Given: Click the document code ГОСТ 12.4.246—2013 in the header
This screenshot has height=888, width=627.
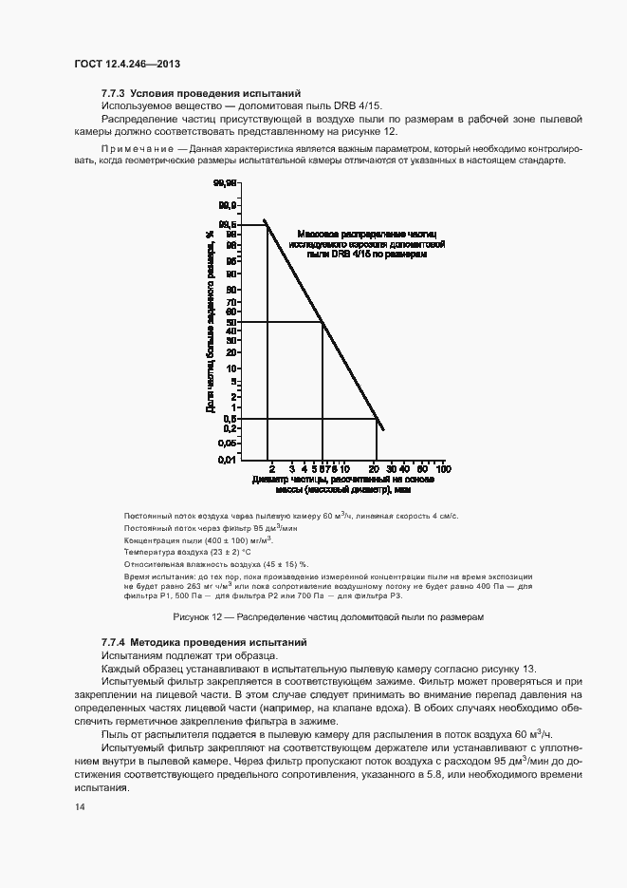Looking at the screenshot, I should coord(126,64).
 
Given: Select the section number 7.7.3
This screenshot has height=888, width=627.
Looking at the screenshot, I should coord(113,93).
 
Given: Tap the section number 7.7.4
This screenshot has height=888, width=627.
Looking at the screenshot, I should coord(113,643).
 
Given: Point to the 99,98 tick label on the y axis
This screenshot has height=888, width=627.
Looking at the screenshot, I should coord(224,182).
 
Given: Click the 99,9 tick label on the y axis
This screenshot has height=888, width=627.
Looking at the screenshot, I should coord(227,204).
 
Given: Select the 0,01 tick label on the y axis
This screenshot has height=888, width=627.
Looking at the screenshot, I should coord(227,460).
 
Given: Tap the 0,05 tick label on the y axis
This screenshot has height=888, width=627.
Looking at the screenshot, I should coord(227,442).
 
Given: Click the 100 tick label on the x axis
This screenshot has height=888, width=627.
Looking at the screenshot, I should coord(442,469).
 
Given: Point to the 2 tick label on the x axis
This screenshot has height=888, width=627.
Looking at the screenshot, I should coord(271,469).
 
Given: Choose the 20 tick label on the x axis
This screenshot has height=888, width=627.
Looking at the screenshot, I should coord(374,469).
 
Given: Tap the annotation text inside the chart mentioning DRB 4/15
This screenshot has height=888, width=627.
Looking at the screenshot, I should coord(362,244).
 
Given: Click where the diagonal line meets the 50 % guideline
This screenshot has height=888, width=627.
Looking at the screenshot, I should coord(323,323).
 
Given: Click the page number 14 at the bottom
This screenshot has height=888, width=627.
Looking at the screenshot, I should coord(79,807).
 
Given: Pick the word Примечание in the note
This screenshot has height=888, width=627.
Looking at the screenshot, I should coord(134,149).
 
